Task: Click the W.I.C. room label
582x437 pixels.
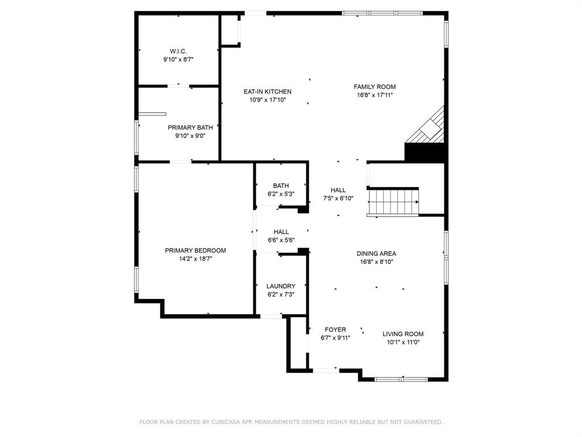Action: pyautogui.click(x=178, y=51)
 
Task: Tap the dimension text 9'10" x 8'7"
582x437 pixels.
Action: pyautogui.click(x=178, y=59)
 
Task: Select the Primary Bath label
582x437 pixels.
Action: pyautogui.click(x=190, y=127)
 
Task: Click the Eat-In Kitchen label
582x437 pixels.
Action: pyautogui.click(x=267, y=92)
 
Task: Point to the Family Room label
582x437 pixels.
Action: pyautogui.click(x=374, y=87)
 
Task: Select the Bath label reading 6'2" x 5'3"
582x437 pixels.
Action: pyautogui.click(x=281, y=185)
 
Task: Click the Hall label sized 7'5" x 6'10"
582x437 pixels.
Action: pyautogui.click(x=338, y=190)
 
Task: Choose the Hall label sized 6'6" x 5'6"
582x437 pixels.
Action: pyautogui.click(x=281, y=232)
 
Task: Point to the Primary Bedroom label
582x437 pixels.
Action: pyautogui.click(x=195, y=250)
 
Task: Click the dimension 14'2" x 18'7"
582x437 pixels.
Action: pyautogui.click(x=195, y=259)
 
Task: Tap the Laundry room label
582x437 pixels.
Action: pyautogui.click(x=281, y=286)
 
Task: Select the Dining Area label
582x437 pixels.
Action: pyautogui.click(x=376, y=254)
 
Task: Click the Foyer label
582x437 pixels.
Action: pyautogui.click(x=335, y=329)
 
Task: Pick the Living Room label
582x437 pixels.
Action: pyautogui.click(x=402, y=334)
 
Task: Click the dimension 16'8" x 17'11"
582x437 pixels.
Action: pyautogui.click(x=374, y=96)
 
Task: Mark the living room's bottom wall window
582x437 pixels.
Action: pyautogui.click(x=402, y=378)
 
